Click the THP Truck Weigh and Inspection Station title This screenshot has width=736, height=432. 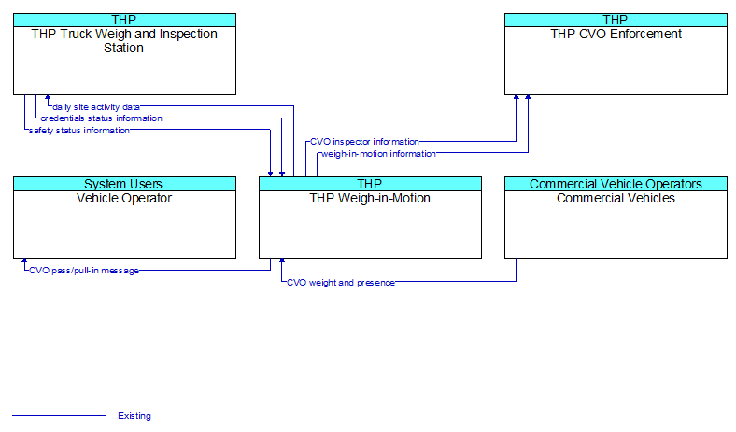point(124,41)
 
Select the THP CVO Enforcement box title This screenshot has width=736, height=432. point(616,34)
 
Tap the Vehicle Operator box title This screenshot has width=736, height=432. point(124,198)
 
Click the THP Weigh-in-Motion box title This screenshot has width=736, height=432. point(370,198)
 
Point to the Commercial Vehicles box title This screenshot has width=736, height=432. point(616,198)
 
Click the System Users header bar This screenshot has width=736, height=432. point(124,184)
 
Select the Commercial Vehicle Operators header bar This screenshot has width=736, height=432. point(616,184)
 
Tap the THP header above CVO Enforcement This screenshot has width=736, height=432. point(616,20)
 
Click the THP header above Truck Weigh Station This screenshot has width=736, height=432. point(124,20)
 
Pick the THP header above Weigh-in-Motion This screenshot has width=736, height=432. point(371,184)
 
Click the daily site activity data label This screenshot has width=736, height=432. point(96,107)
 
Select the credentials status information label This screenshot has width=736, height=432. point(102,118)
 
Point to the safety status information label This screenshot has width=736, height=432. point(78,131)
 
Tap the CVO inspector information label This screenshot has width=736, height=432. point(364,142)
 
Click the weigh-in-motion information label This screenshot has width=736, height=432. point(379,154)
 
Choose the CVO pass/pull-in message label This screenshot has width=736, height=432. point(84,271)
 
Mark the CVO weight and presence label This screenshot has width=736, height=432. point(341,283)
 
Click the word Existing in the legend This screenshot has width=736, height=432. point(134,415)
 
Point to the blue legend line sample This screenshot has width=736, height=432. point(59,415)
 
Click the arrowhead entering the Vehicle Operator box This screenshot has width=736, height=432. point(24,261)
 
